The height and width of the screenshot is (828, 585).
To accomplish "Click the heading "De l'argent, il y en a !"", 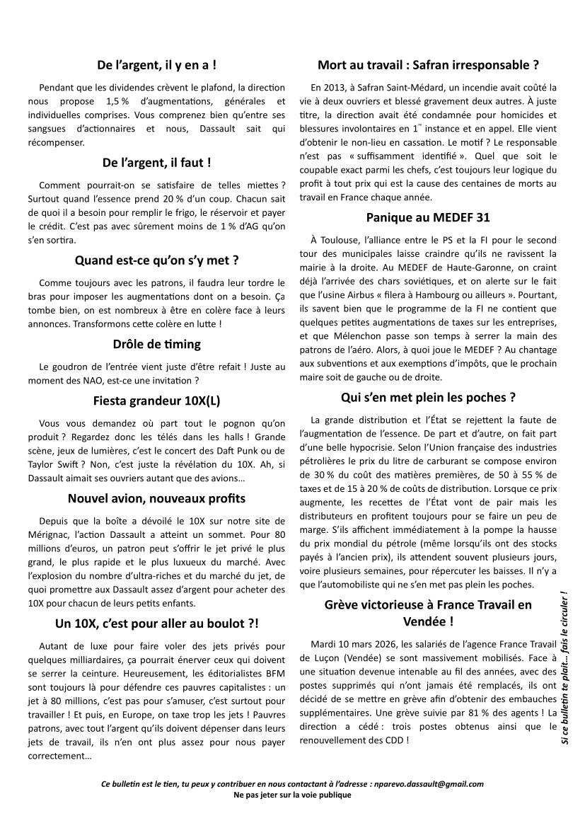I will click(156, 65).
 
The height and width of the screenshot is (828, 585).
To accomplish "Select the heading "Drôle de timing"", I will click(156, 345).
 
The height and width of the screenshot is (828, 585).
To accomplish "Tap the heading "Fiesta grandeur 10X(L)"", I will click(156, 401).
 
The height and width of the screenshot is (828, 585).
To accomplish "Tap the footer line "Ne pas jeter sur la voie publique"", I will click(292, 795).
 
